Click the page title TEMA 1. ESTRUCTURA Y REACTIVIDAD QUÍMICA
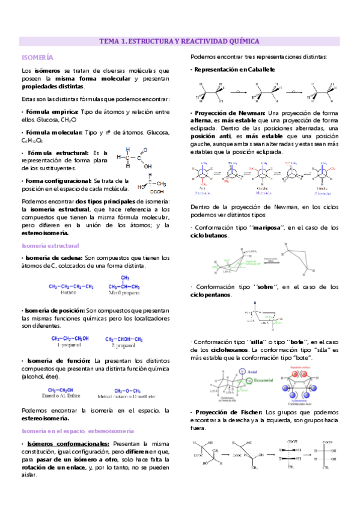tap(179, 41)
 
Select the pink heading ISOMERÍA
tap(37, 57)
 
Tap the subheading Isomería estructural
tap(46, 245)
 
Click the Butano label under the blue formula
tap(70, 293)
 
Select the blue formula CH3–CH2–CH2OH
tap(70, 339)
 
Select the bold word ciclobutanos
tap(209, 235)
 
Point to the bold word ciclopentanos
tap(211, 295)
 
